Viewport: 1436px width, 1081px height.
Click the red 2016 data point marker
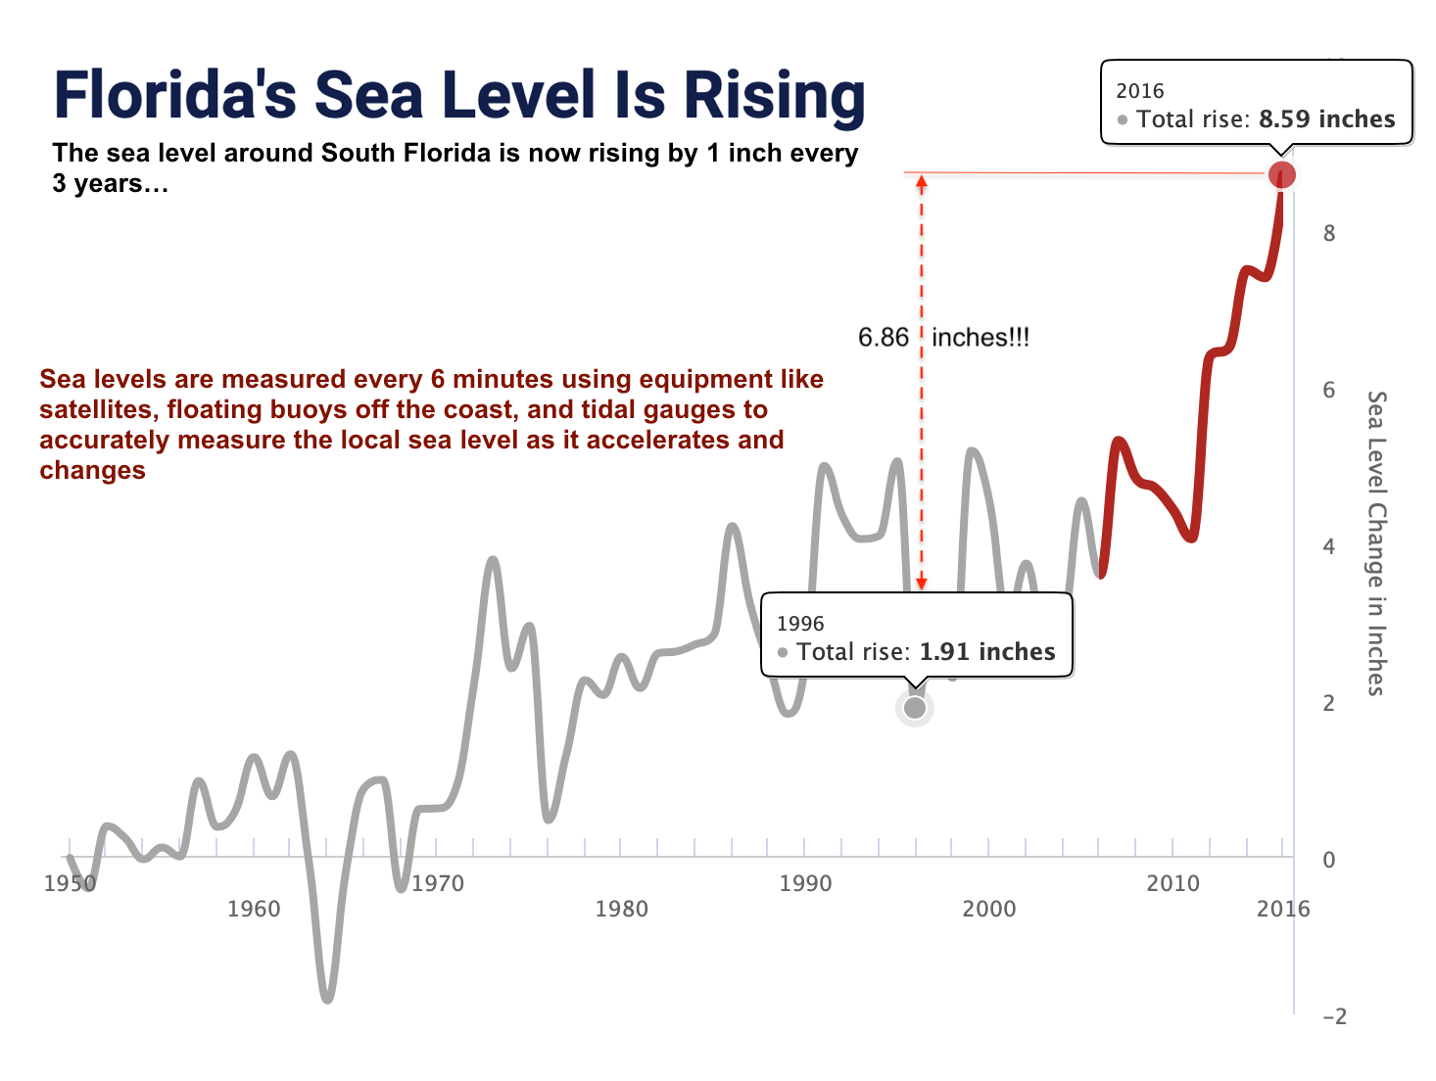point(1281,175)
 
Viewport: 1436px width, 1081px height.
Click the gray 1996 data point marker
point(915,707)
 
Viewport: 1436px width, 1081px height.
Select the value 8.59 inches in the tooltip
point(1326,119)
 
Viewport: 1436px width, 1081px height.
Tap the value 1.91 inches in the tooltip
point(986,652)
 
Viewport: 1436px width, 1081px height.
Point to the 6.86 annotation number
point(884,338)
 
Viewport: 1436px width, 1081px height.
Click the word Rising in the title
point(774,96)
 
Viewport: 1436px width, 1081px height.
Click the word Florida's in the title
point(174,96)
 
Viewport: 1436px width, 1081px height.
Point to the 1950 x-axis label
point(70,883)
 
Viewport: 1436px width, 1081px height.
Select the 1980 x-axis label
point(621,909)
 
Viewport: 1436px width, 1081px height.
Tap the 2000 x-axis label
point(989,909)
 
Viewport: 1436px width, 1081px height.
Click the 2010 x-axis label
point(1173,883)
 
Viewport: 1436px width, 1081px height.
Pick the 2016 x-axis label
point(1282,909)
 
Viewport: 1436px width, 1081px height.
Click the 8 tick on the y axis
point(1329,233)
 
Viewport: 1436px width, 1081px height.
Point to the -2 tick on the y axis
point(1334,1016)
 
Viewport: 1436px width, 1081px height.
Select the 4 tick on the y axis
point(1329,546)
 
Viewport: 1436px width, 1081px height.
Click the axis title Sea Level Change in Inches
point(1376,543)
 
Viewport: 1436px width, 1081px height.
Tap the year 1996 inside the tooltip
point(800,624)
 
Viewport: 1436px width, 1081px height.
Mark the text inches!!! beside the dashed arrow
point(981,338)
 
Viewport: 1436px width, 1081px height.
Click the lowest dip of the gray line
point(327,999)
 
